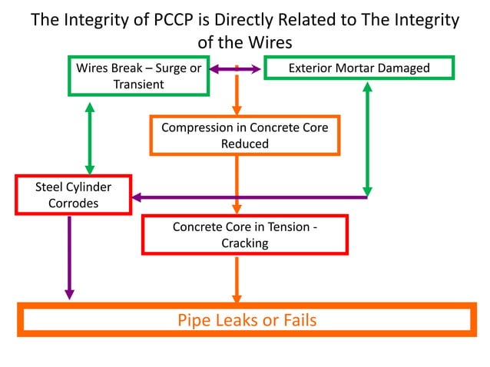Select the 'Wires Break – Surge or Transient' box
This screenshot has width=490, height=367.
[138, 76]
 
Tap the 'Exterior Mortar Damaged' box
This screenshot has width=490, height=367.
[359, 68]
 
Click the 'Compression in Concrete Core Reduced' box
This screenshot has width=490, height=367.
[245, 135]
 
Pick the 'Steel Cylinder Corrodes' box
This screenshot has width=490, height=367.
[74, 196]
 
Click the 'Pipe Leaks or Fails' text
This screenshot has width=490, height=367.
[247, 319]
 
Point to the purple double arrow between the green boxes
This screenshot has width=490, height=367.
[237, 68]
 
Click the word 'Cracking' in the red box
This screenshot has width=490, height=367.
[246, 243]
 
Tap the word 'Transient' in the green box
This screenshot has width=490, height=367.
[139, 84]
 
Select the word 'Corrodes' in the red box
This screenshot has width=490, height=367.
[74, 204]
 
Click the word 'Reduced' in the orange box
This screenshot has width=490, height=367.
[245, 143]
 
